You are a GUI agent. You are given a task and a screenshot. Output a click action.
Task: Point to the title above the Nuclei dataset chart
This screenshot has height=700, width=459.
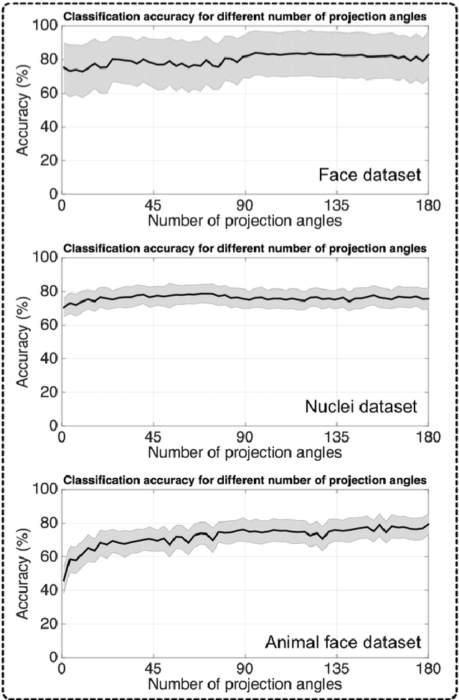click(x=245, y=248)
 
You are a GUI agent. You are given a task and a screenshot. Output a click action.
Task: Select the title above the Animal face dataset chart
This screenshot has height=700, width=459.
click(x=245, y=479)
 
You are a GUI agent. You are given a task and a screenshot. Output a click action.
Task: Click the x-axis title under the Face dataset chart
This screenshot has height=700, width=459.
click(x=245, y=220)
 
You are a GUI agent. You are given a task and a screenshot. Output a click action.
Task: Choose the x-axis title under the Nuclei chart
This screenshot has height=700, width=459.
click(x=245, y=452)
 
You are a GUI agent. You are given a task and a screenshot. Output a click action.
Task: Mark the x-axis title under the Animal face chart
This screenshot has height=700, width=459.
click(x=245, y=684)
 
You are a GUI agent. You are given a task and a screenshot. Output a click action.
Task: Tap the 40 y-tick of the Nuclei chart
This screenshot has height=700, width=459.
click(x=49, y=358)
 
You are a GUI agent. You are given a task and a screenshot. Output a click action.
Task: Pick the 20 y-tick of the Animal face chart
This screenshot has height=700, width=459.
click(x=49, y=624)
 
